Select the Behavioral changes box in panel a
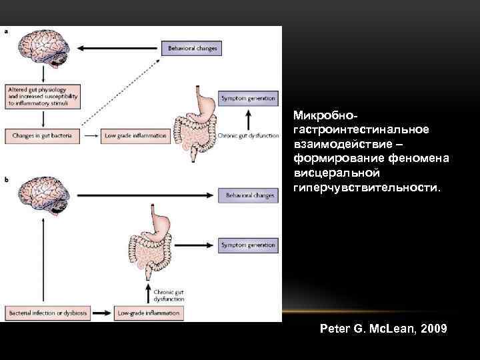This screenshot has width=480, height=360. pyautogui.click(x=191, y=49)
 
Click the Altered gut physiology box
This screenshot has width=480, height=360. pyautogui.click(x=42, y=96)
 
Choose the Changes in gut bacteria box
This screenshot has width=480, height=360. pyautogui.click(x=42, y=135)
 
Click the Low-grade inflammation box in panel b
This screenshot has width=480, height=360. pyautogui.click(x=148, y=312)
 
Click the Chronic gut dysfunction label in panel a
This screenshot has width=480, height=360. pyautogui.click(x=248, y=135)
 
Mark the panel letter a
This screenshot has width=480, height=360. pyautogui.click(x=8, y=31)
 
